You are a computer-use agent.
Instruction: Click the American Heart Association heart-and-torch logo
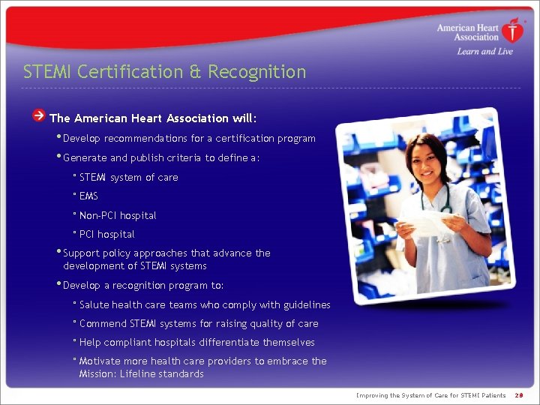(x=513, y=31)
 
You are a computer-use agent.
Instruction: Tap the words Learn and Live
(x=484, y=52)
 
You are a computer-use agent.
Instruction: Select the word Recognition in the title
(x=257, y=72)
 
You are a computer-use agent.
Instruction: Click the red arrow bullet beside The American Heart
(x=39, y=116)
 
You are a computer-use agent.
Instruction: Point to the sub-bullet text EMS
(x=88, y=196)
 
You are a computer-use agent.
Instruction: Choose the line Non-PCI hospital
(x=118, y=215)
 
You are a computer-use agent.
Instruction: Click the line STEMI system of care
(x=128, y=178)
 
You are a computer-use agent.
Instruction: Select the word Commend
(x=103, y=323)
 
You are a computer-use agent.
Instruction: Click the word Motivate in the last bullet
(x=100, y=361)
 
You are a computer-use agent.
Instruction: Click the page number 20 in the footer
(x=519, y=395)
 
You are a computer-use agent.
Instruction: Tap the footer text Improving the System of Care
(x=430, y=395)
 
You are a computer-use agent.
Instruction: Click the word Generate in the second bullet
(x=85, y=157)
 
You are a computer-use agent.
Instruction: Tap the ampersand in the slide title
(x=195, y=72)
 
